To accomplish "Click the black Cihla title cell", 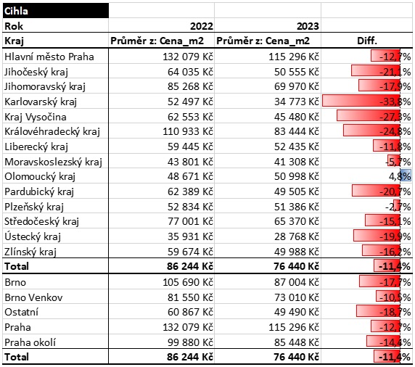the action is (56, 11).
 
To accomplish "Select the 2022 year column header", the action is (202, 26).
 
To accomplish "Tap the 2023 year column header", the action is (308, 26).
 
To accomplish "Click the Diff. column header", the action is (367, 41).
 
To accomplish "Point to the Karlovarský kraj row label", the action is (41, 102).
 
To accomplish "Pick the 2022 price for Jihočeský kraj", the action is (190, 72).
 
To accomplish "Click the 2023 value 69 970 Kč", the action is (297, 86).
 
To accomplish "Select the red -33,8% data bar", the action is (361, 102).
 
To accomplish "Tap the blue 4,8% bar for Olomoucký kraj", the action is (406, 176).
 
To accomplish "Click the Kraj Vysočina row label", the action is (36, 117).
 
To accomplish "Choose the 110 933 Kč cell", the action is (188, 131).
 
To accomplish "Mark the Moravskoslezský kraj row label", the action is (53, 162).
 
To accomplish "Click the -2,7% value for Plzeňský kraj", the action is (398, 207).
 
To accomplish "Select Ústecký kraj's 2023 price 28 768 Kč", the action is (297, 236).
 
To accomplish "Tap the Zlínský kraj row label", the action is (30, 252).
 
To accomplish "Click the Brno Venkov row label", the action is (33, 297).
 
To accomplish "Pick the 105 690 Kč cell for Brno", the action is (188, 282).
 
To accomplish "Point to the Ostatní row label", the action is (22, 312).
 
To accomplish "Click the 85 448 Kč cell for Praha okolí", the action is (297, 342).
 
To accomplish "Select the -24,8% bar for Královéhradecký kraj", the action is (371, 131).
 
